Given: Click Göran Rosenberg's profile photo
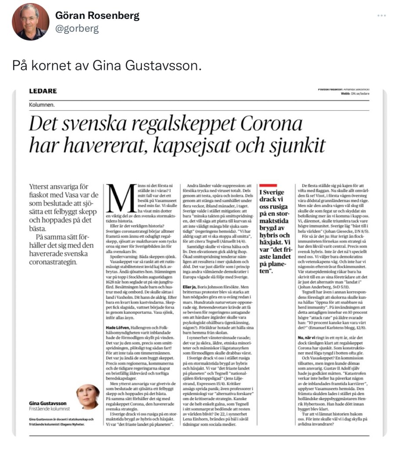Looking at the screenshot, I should (30, 22).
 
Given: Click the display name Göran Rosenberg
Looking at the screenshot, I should (97, 16).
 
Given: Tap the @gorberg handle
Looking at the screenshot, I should (77, 29).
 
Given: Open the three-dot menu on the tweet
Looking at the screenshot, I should (382, 16).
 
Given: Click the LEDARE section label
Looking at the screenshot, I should (43, 91).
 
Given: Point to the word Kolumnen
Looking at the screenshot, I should (43, 105).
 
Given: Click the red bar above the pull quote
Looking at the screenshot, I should (269, 185).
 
